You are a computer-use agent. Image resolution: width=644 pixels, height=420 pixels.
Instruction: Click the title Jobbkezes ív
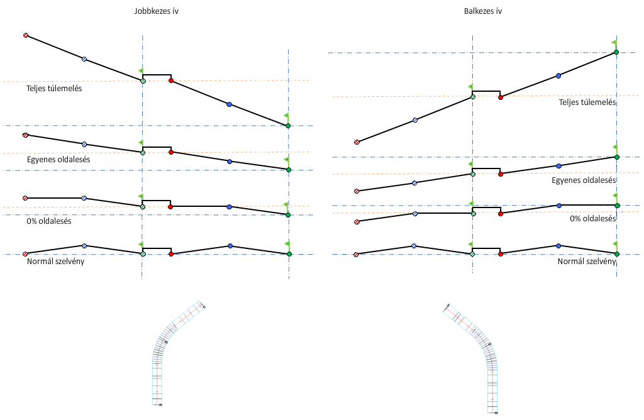(x=157, y=11)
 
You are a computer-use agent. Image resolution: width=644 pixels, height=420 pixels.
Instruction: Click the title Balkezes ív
(x=485, y=11)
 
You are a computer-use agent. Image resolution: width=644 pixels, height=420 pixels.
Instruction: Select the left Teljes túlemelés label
(x=54, y=89)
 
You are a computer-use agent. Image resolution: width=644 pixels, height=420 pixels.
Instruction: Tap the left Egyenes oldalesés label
(x=58, y=160)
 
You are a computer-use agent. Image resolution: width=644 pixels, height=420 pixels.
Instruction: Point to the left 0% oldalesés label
(x=49, y=221)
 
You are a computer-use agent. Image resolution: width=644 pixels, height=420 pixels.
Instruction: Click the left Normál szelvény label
(x=55, y=261)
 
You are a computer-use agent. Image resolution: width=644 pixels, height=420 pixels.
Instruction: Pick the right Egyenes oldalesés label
(x=583, y=180)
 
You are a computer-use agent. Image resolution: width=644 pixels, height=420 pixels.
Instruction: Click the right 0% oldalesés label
(x=592, y=219)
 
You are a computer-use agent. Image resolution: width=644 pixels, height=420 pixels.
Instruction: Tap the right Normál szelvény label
(x=586, y=261)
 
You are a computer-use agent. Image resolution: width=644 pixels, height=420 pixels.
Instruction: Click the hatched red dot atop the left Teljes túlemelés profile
(x=26, y=35)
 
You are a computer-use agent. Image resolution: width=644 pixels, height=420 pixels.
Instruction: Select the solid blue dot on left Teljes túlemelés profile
(x=229, y=104)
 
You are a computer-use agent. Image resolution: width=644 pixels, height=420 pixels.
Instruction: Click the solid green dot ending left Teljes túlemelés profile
(x=288, y=126)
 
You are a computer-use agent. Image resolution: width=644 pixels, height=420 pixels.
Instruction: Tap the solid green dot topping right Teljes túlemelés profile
(x=616, y=52)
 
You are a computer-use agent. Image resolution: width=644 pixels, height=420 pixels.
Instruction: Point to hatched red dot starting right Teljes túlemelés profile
(x=357, y=142)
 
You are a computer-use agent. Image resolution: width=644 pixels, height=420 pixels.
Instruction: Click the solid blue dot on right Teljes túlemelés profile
(x=558, y=76)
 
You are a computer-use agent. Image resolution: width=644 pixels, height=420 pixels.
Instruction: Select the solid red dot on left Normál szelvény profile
(x=172, y=254)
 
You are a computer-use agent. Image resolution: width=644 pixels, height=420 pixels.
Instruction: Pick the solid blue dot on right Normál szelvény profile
(x=558, y=246)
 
